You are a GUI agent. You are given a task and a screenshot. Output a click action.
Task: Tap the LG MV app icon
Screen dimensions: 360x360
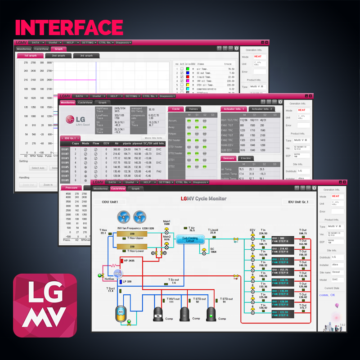(45, 305)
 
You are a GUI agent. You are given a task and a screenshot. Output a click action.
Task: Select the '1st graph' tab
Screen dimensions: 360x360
(30, 56)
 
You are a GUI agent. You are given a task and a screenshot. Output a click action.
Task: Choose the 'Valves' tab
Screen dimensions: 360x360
(193, 109)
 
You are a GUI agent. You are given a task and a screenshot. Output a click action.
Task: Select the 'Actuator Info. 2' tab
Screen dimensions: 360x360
(263, 109)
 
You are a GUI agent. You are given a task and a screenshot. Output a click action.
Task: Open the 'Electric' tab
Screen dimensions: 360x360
(246, 158)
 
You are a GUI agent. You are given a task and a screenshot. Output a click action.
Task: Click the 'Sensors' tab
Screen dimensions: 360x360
(228, 158)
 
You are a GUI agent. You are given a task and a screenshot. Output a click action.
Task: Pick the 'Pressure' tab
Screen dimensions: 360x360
(72, 188)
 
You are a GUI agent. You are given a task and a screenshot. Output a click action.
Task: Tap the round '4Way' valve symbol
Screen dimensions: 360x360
(118, 274)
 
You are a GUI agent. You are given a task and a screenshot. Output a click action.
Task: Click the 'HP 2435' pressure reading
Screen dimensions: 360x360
(129, 261)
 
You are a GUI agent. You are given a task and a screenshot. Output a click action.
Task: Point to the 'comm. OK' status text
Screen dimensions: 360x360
(327, 295)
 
